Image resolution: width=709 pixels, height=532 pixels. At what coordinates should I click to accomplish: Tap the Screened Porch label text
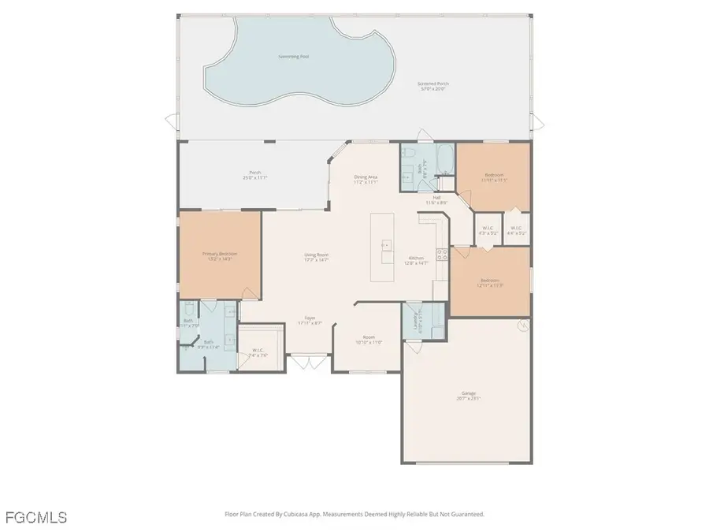[x=432, y=85]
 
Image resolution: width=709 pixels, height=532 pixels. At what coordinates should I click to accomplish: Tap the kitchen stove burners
[x=443, y=255]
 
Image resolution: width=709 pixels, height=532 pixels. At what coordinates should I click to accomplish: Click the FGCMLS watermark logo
[x=35, y=517]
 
